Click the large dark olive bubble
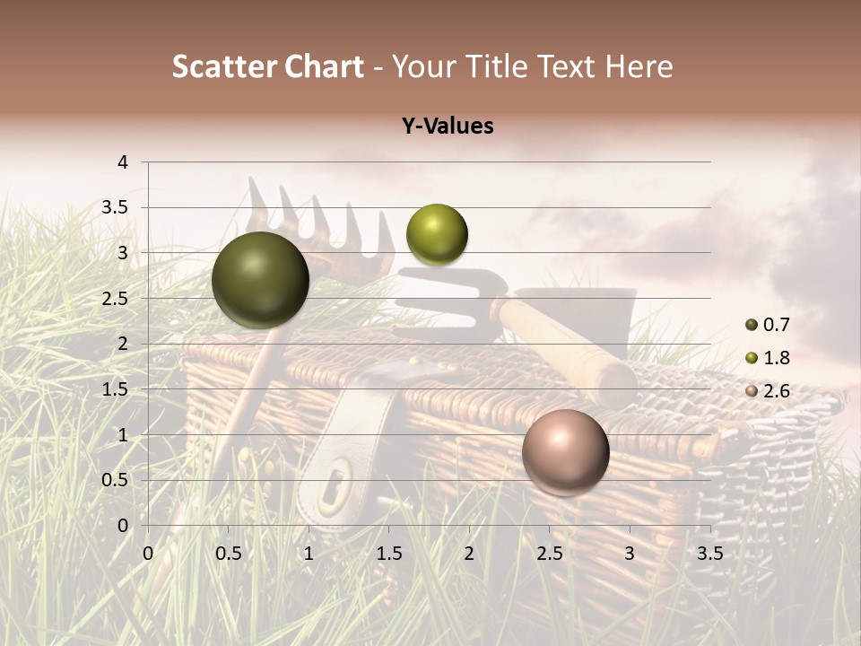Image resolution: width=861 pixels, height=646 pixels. click(x=260, y=280)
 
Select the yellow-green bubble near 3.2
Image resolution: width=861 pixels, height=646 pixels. click(x=437, y=234)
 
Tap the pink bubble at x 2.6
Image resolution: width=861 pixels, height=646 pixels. click(x=565, y=452)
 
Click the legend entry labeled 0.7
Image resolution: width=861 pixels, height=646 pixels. click(x=769, y=325)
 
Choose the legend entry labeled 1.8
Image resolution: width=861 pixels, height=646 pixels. click(x=769, y=358)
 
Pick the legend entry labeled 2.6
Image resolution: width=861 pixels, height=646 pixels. click(x=769, y=391)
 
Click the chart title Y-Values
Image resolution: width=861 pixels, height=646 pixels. click(x=447, y=127)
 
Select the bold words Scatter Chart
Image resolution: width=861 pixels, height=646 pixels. click(x=267, y=66)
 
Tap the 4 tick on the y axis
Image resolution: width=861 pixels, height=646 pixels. click(x=124, y=162)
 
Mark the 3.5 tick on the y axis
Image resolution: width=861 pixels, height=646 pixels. click(x=117, y=207)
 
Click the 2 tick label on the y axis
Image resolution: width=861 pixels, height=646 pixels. click(x=124, y=344)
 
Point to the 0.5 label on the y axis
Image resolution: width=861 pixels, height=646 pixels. click(x=117, y=480)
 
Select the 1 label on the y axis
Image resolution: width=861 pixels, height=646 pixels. click(x=124, y=435)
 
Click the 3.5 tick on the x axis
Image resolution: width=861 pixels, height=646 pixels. click(x=709, y=554)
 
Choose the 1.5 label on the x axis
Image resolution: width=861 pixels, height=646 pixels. click(x=388, y=554)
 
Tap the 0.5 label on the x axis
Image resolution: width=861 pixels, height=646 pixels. click(x=228, y=554)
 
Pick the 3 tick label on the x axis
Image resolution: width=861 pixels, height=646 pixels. click(x=630, y=554)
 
